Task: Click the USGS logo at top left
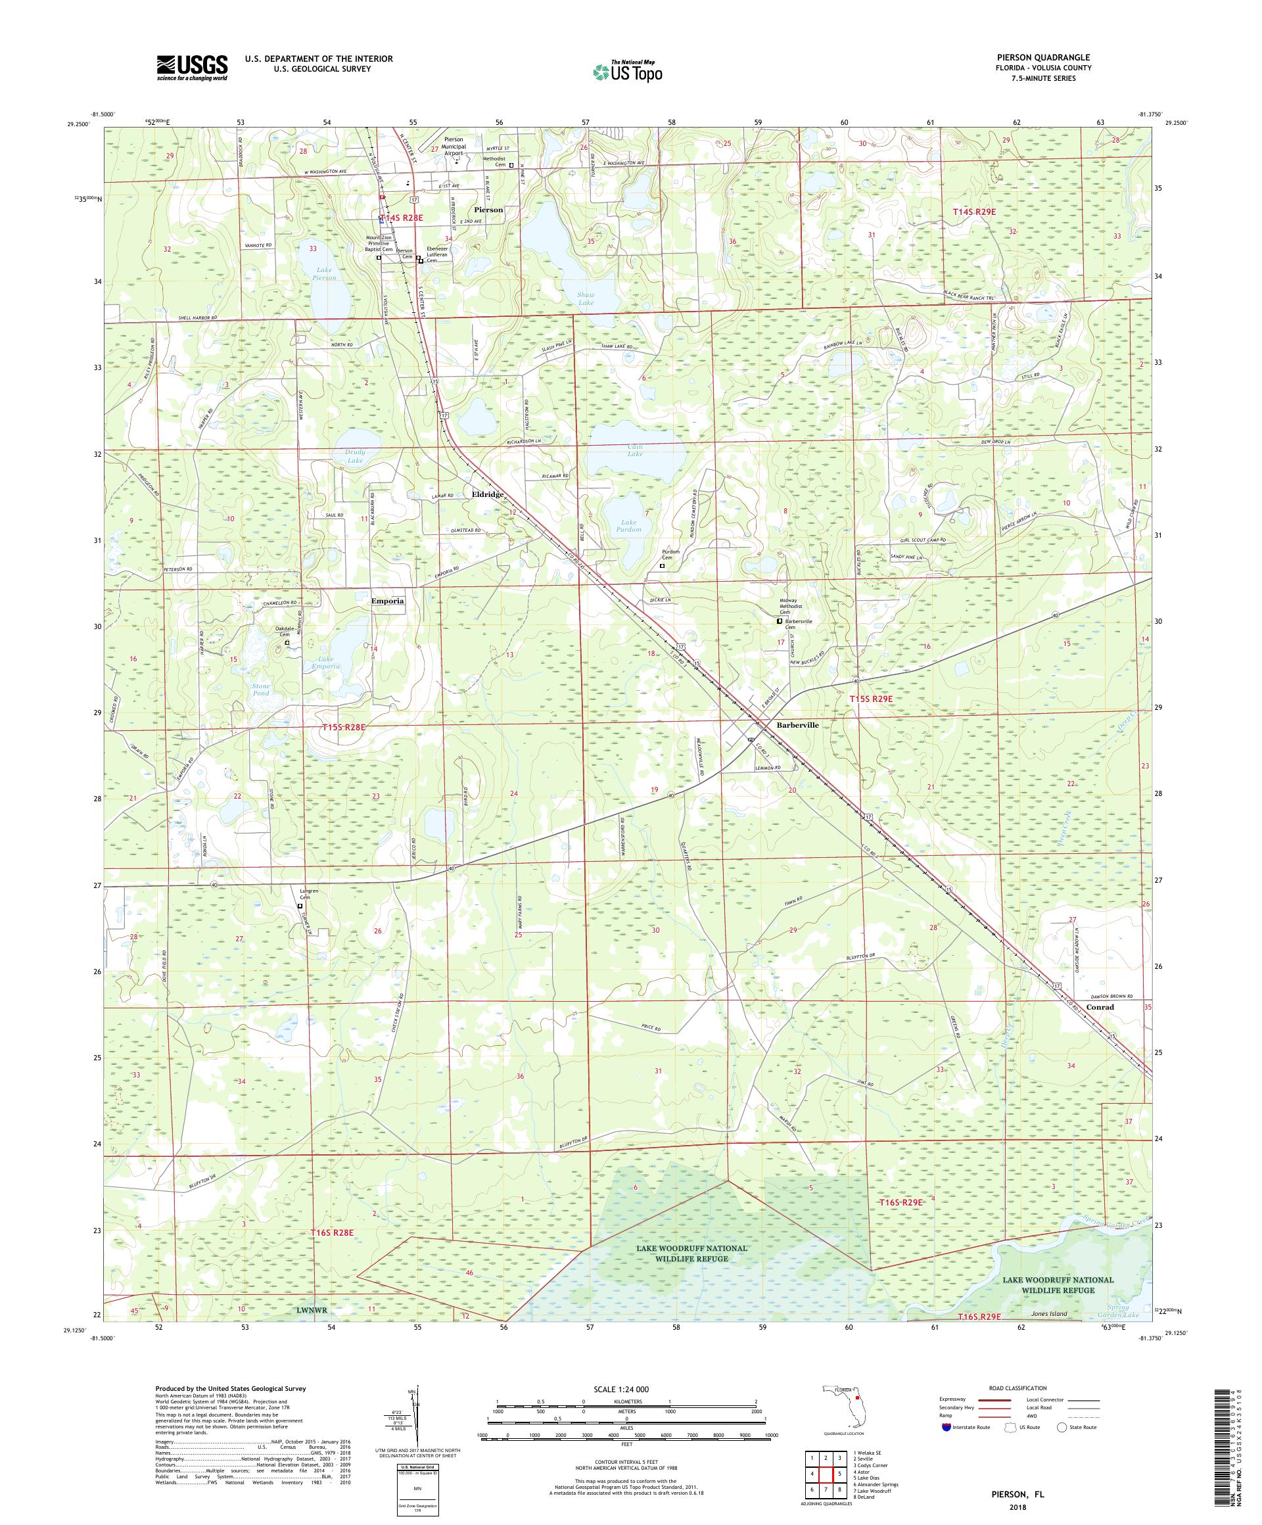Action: [192, 68]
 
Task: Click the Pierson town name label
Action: [488, 210]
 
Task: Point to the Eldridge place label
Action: [488, 494]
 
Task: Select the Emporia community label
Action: [387, 601]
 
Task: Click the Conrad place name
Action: [1100, 1007]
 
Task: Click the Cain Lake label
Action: [635, 450]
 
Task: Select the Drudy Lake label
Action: [354, 456]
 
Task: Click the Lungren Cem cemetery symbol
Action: [300, 906]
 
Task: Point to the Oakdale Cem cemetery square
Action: [287, 643]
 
